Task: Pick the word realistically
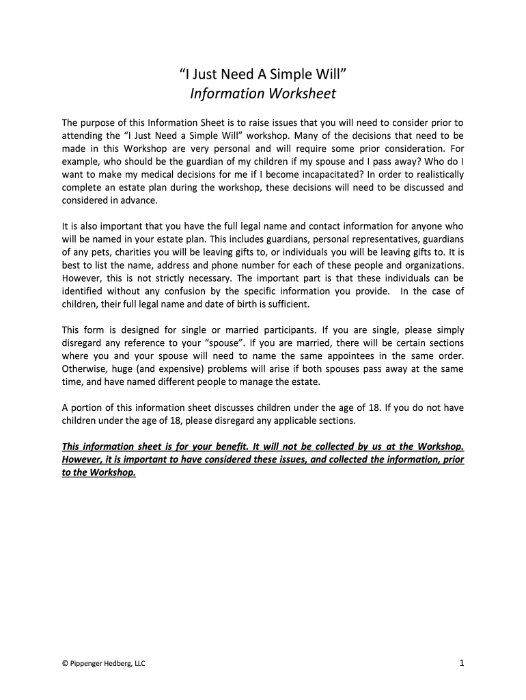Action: (x=432, y=174)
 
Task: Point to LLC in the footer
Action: (x=138, y=663)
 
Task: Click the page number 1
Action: (x=462, y=662)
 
